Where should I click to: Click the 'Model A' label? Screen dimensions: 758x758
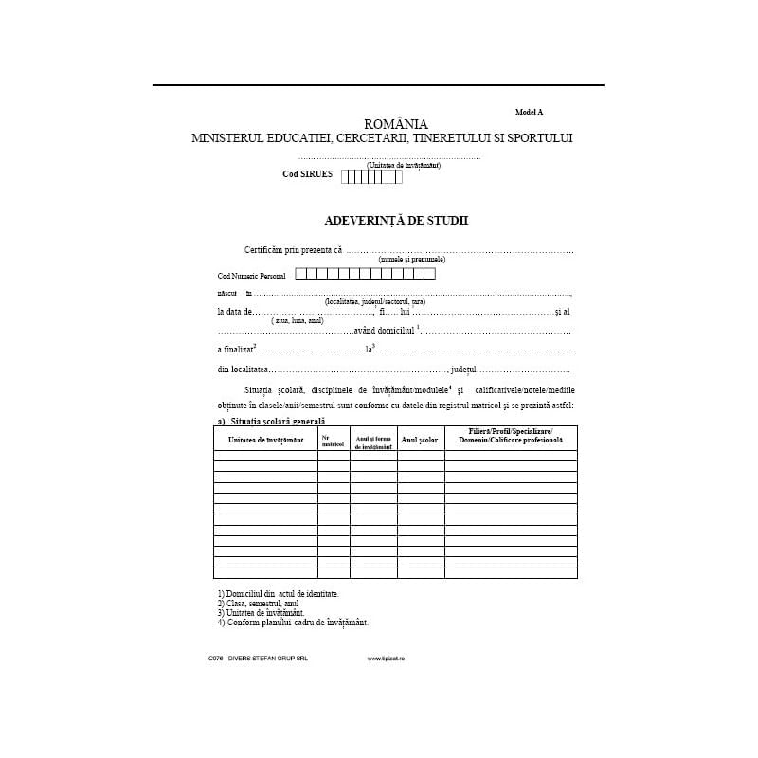[530, 111]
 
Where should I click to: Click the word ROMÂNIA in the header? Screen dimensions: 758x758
[396, 123]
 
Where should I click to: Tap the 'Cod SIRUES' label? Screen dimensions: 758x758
[308, 174]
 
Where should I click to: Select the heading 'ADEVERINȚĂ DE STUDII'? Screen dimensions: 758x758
[396, 220]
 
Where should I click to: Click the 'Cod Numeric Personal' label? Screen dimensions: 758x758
[251, 275]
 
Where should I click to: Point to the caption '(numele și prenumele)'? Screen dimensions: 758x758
[411, 259]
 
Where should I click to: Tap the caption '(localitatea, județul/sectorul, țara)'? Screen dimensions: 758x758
[374, 301]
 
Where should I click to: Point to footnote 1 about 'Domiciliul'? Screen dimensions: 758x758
[278, 593]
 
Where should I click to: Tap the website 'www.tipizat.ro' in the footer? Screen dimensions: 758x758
[387, 658]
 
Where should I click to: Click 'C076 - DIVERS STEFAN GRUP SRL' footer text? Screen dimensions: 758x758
[258, 658]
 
